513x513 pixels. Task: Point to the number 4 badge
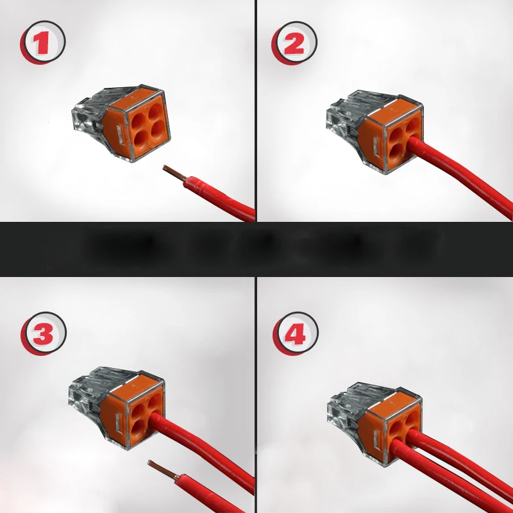click(x=296, y=334)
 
